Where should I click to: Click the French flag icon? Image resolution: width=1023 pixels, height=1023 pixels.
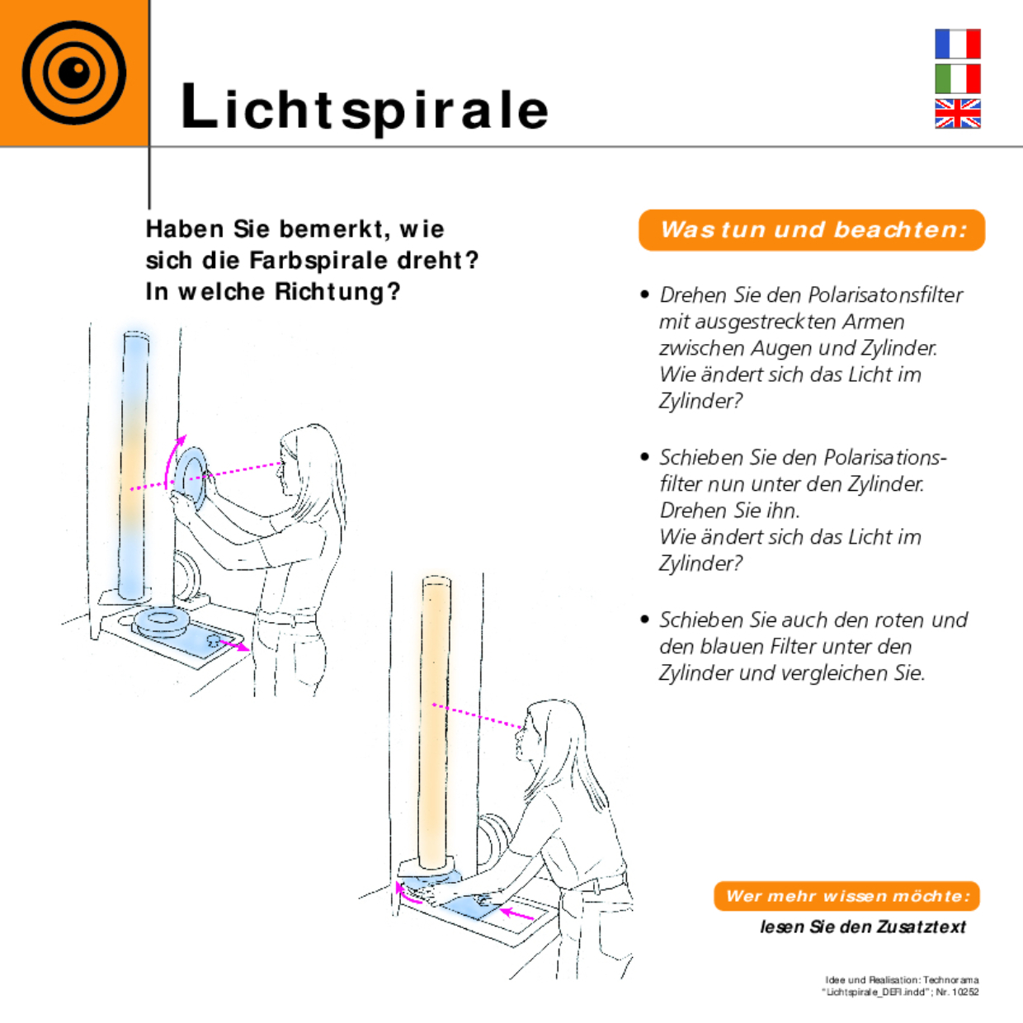(957, 44)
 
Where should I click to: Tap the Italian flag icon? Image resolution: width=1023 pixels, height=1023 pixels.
(957, 79)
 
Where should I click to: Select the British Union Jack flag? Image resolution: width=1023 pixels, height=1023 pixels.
(957, 114)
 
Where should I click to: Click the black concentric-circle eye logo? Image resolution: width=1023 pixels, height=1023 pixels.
(74, 73)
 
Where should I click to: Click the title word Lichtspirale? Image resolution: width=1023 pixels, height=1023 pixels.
(365, 108)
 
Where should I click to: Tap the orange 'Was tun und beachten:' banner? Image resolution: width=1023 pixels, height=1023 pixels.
(812, 230)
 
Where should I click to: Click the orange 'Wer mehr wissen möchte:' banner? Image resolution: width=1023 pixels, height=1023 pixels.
(846, 896)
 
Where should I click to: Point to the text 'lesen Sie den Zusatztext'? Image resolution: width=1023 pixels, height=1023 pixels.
(862, 927)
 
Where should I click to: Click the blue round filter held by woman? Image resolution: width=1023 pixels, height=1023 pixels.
(193, 477)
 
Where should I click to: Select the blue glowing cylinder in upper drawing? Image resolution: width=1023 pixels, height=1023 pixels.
(134, 462)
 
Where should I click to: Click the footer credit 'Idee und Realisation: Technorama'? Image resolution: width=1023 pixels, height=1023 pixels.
(902, 980)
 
